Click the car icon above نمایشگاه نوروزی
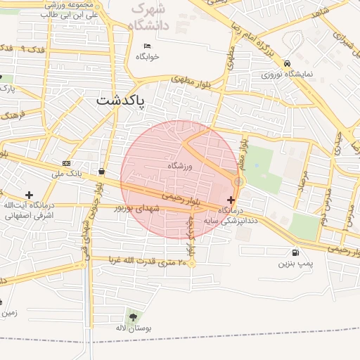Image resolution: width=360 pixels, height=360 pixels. (287, 63)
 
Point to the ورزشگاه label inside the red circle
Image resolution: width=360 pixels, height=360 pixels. (179, 165)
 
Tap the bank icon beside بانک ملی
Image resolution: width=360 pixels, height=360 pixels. (66, 163)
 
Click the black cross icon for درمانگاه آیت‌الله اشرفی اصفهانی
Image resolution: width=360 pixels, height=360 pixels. (29, 194)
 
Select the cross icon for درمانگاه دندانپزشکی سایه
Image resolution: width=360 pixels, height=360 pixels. (231, 200)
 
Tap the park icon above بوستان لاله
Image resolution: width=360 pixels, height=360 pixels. (134, 317)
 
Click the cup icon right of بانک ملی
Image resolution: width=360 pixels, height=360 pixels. (102, 171)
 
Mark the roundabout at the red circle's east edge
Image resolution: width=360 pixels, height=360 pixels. (239, 182)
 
